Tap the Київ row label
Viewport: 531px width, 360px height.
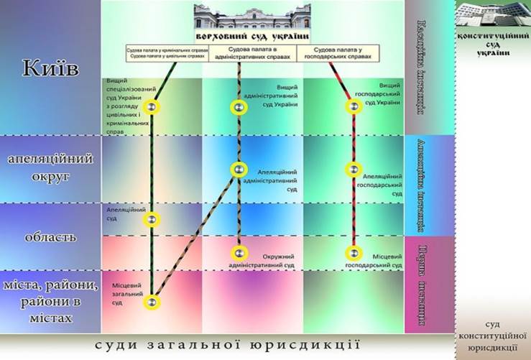click(x=51, y=69)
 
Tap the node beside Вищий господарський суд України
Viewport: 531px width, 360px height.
click(x=353, y=107)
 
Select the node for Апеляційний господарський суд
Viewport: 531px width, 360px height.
click(x=353, y=170)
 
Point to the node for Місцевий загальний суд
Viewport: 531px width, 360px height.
click(x=151, y=302)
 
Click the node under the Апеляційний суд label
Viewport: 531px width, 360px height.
click(x=151, y=219)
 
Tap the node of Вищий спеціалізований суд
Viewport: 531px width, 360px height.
click(x=151, y=108)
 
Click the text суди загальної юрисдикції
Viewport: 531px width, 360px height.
click(x=227, y=346)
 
